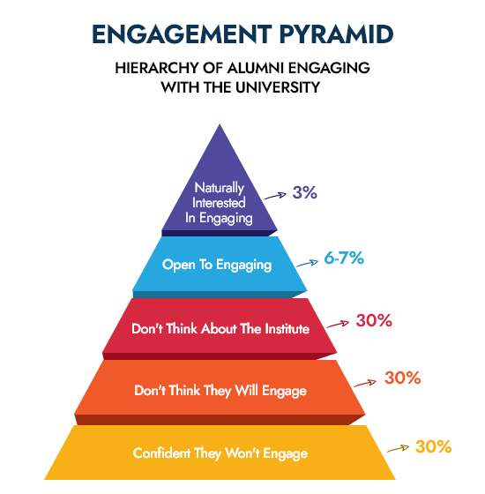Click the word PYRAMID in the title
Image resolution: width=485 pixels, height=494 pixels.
[x=336, y=34]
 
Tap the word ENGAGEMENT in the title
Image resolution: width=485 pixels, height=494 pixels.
[x=182, y=34]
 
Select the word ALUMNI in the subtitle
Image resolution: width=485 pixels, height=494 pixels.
[x=255, y=68]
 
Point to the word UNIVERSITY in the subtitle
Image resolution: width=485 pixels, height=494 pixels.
[x=278, y=87]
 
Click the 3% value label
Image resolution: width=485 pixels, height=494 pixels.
[x=304, y=192]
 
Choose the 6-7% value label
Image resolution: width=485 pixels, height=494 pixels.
[x=344, y=258]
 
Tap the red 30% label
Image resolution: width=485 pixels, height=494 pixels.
[x=374, y=320]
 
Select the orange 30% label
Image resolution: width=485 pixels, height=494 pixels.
[x=402, y=378]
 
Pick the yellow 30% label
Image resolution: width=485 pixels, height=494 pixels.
[x=433, y=446]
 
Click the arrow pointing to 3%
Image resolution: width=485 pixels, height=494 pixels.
[x=275, y=196]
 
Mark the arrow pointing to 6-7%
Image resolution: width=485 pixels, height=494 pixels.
[x=308, y=264]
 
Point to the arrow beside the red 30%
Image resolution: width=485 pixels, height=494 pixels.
[x=339, y=325]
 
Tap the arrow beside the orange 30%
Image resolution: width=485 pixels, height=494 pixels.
[x=365, y=383]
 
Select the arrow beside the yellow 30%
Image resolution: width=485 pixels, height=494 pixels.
[x=398, y=449]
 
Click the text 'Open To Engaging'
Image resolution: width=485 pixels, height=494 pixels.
[x=217, y=265]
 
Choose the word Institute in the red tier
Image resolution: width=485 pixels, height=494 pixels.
[x=287, y=328]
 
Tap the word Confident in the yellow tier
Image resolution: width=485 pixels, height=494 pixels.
[x=161, y=453]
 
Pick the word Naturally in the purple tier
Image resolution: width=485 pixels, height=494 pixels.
[x=220, y=188]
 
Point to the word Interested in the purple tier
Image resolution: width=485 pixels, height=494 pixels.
[x=219, y=203]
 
